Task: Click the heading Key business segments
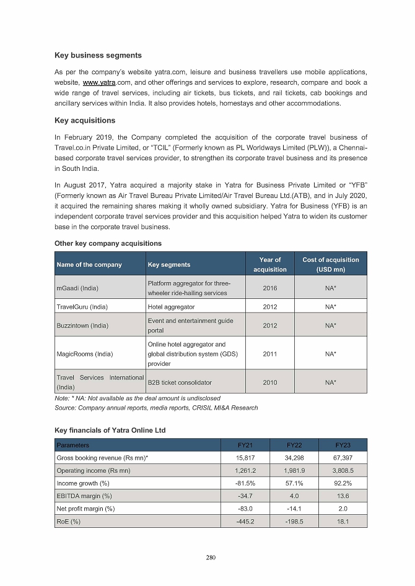pyautogui.click(x=98, y=56)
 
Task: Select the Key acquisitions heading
pyautogui.click(x=85, y=120)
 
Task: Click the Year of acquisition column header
pyautogui.click(x=269, y=265)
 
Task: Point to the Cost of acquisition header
pyautogui.click(x=330, y=265)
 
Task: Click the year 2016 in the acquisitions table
pyautogui.click(x=269, y=288)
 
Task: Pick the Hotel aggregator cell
pyautogui.click(x=171, y=307)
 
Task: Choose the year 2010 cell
pyautogui.click(x=269, y=383)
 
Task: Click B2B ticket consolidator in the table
pyautogui.click(x=180, y=383)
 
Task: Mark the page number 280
pyautogui.click(x=211, y=558)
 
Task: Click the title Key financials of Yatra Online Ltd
pyautogui.click(x=110, y=430)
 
